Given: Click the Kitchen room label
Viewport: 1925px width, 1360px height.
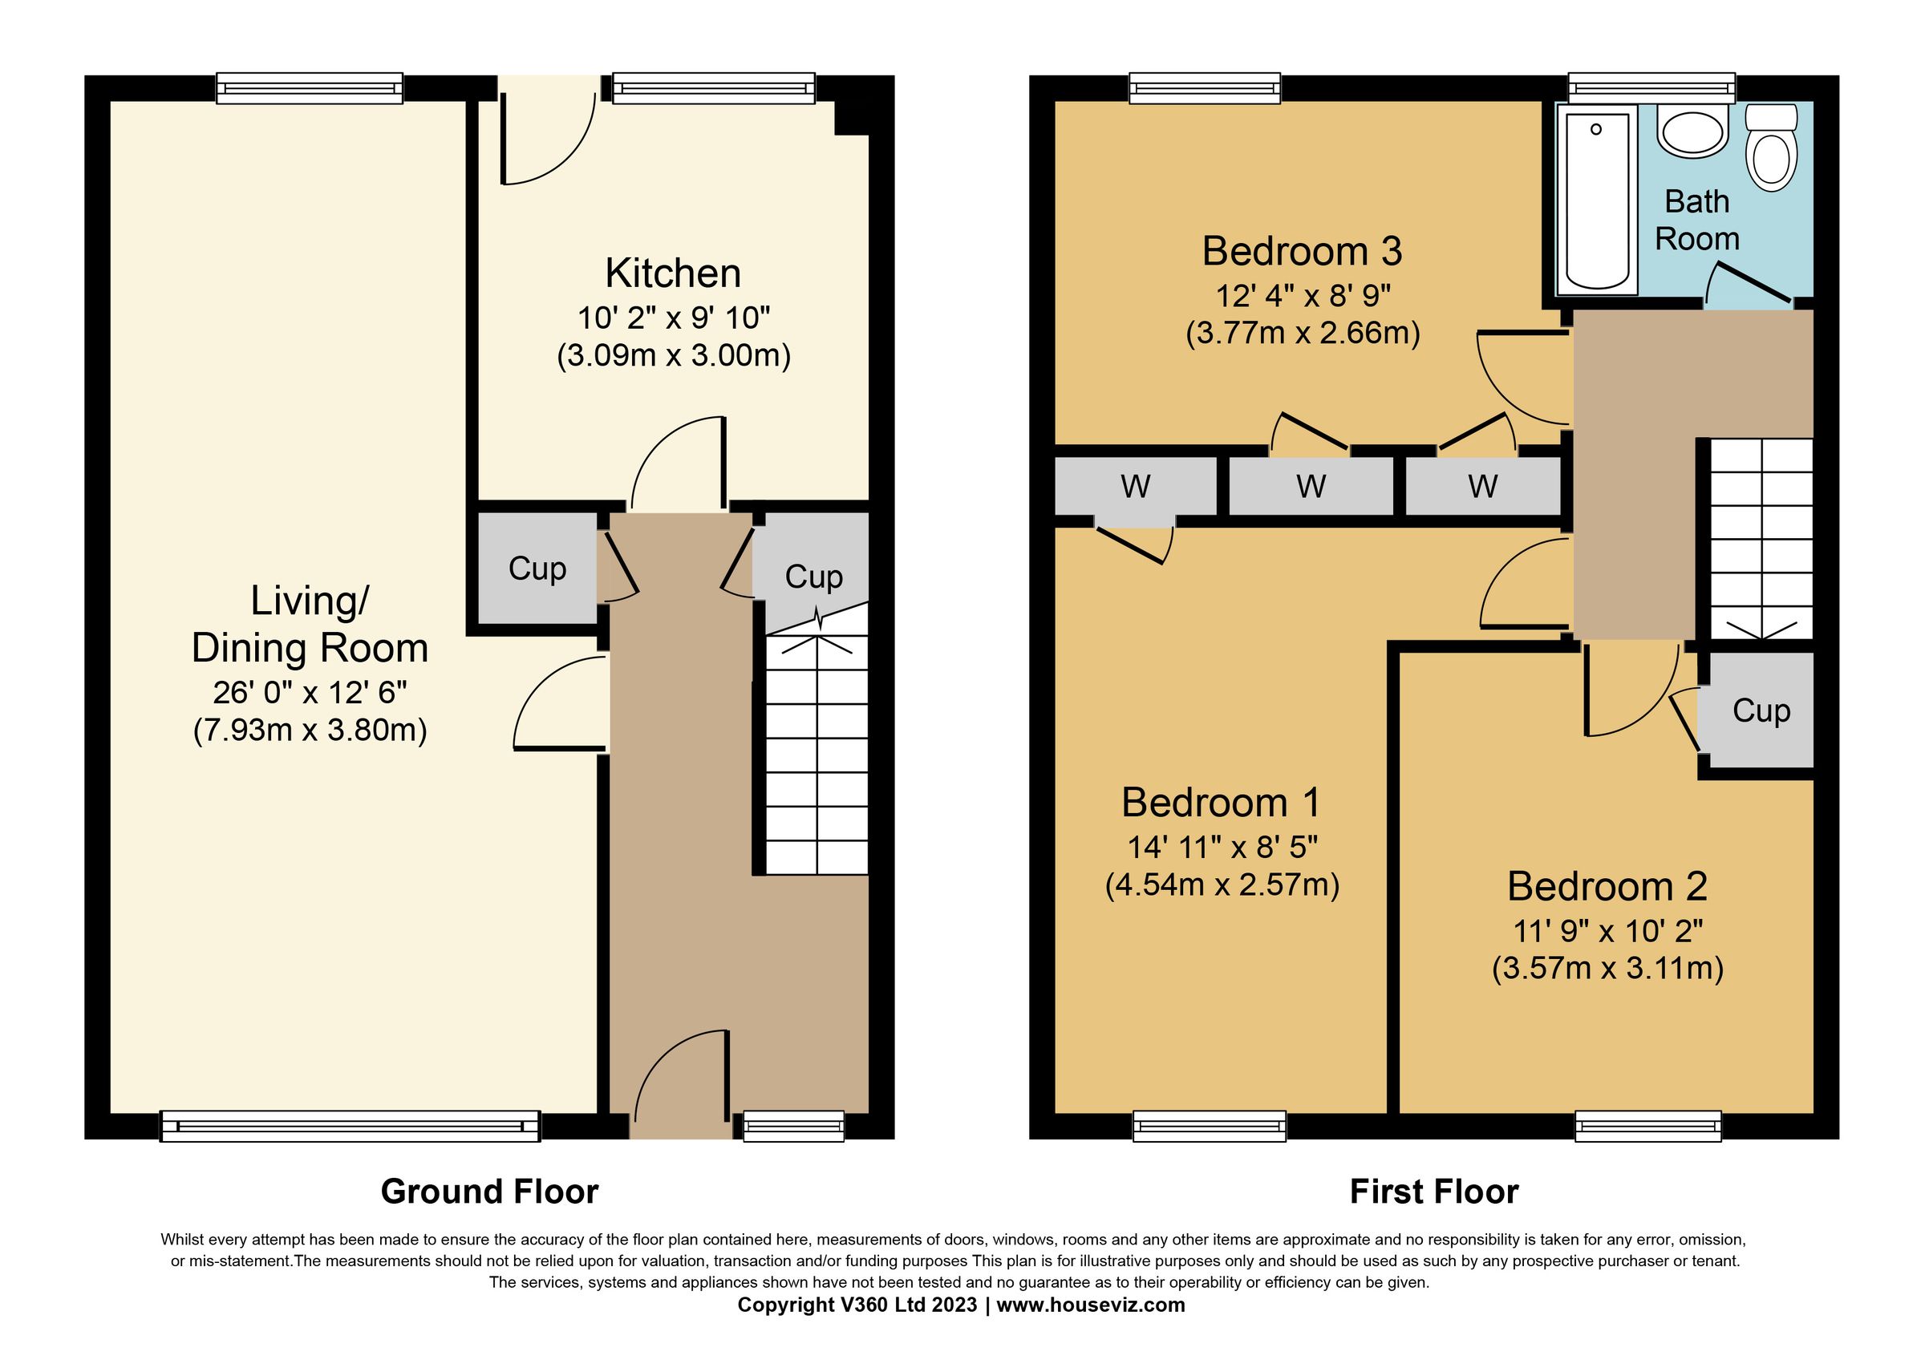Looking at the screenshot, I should (672, 274).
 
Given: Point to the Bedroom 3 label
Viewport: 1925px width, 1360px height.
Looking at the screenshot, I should (1301, 251).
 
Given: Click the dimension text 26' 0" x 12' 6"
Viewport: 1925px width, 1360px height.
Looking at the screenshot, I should (310, 692).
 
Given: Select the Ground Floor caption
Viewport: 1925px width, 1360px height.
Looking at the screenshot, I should (489, 1192).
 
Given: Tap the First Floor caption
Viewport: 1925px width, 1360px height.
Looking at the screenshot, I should (1433, 1192).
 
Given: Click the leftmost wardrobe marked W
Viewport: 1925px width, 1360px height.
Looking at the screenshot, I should (1134, 486).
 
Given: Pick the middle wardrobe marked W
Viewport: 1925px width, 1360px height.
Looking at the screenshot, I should (1311, 486).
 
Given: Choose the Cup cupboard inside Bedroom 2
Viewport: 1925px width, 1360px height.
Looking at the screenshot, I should (1761, 710).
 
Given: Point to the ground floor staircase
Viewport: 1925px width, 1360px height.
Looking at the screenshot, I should (816, 754).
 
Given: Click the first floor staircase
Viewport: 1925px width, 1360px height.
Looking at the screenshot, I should (1761, 536).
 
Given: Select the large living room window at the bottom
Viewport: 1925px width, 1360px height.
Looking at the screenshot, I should (350, 1126).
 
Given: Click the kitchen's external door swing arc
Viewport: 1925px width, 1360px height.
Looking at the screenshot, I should (549, 143).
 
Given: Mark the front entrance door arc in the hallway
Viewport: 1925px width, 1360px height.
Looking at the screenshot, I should (679, 1077).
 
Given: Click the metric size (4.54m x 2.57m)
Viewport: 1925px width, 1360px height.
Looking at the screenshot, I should (1222, 884).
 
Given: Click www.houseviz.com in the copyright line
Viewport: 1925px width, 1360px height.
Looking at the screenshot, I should (1090, 1305).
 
